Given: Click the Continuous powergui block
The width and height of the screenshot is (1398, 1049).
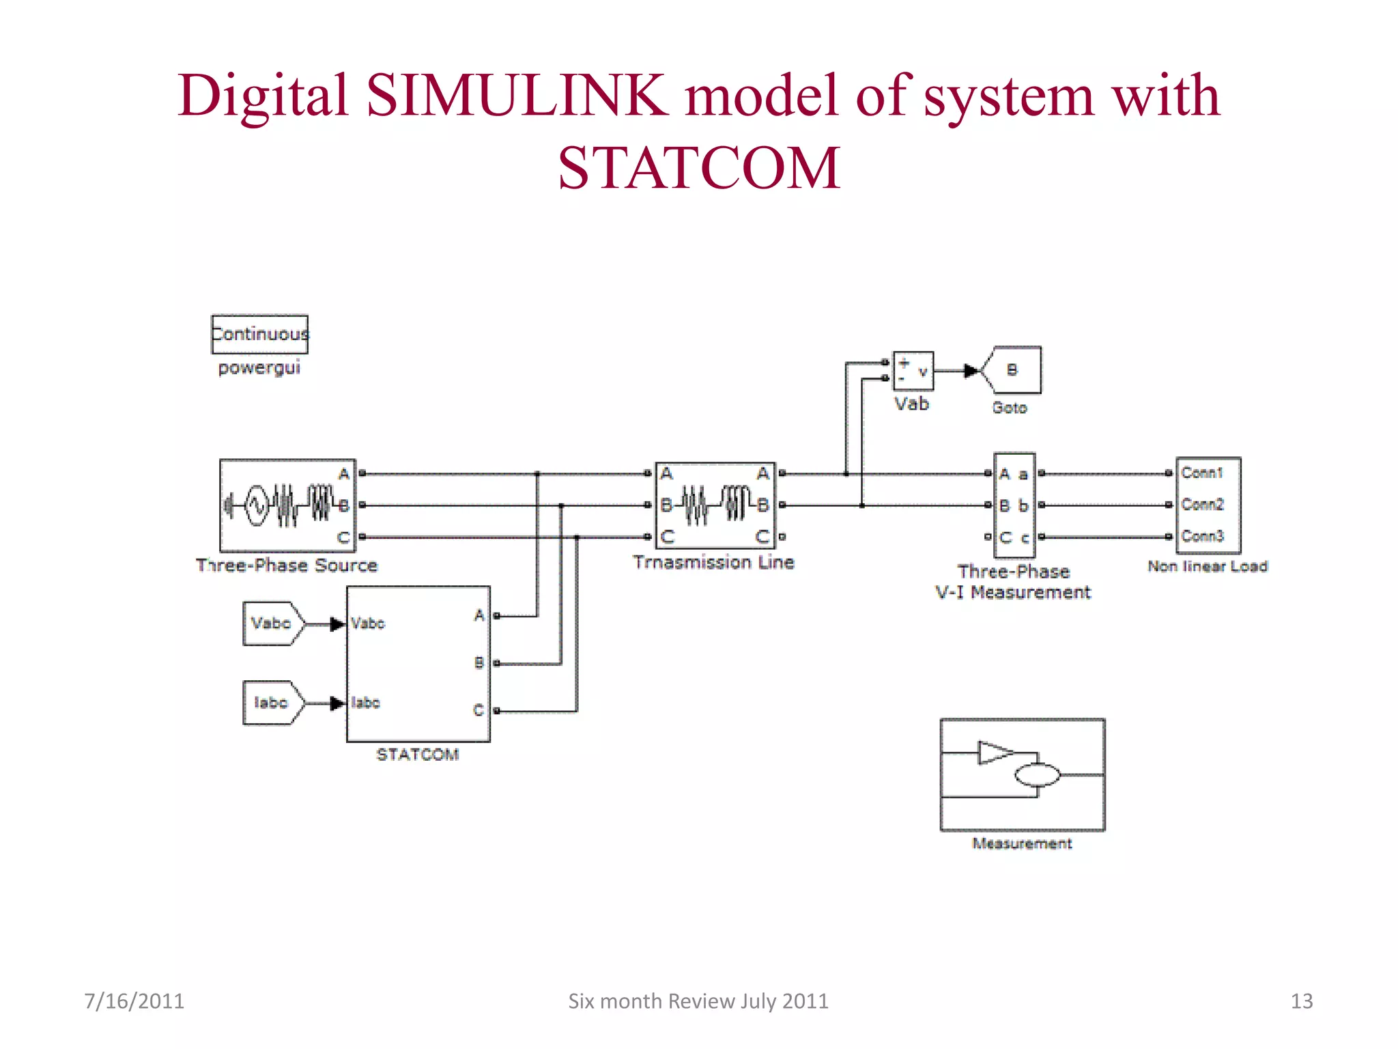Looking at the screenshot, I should [x=259, y=334].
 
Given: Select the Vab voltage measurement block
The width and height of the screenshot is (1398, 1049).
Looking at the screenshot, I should [x=913, y=371].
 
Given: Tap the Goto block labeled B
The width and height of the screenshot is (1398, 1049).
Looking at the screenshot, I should [x=1012, y=370].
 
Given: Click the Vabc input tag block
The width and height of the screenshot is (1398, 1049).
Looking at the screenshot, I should [x=272, y=623].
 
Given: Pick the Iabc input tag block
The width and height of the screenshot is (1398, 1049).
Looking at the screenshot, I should [x=271, y=702].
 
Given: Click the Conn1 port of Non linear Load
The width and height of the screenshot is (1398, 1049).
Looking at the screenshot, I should [x=1202, y=473].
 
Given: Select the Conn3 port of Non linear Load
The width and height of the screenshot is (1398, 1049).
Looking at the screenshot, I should [x=1202, y=536].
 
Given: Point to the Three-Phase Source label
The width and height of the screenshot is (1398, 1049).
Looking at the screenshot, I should [x=287, y=565].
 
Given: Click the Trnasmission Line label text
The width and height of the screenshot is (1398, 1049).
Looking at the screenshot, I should [x=713, y=562].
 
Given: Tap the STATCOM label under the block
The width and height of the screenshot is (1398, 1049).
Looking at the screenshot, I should [x=418, y=754].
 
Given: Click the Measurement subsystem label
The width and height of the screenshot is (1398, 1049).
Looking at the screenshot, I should [x=1022, y=843].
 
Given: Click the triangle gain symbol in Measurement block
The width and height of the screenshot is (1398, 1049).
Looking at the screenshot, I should [x=993, y=753].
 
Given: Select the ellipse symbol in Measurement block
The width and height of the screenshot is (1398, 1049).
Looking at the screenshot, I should [x=1038, y=775].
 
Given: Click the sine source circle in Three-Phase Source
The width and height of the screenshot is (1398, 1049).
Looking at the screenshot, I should [x=256, y=505].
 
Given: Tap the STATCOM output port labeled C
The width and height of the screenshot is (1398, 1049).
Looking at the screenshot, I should [x=479, y=710].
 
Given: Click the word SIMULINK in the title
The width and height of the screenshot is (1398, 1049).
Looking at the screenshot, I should [x=517, y=96].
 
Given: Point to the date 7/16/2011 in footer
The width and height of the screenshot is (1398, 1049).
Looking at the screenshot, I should [x=134, y=1001].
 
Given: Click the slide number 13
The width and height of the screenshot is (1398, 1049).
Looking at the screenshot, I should [x=1301, y=1001].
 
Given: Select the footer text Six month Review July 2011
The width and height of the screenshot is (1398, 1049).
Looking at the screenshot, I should [x=698, y=1001].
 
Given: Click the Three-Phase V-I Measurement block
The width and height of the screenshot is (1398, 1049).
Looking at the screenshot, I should [x=1014, y=505].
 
